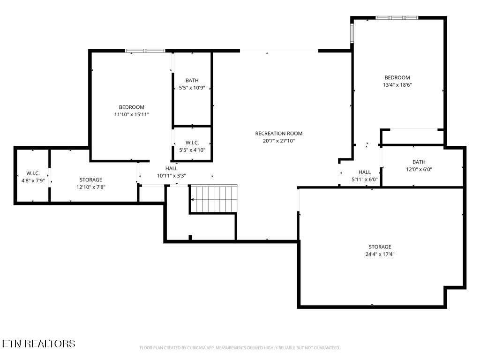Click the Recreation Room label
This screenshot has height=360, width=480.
(x=278, y=134)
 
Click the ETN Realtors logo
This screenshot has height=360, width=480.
(x=38, y=344)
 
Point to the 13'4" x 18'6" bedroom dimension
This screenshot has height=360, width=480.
(x=397, y=85)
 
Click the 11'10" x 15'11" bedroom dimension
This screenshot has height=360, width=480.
(x=131, y=114)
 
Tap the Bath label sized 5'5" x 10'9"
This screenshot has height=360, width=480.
(x=192, y=81)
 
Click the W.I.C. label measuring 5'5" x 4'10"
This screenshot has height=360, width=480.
(x=192, y=143)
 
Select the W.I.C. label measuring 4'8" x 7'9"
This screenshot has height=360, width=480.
(x=33, y=173)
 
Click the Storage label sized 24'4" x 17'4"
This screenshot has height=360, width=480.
(x=380, y=247)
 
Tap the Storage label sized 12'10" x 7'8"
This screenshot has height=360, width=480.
(x=90, y=180)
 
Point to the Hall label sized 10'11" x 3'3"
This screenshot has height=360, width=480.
(x=172, y=169)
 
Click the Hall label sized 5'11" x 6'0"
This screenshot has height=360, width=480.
(x=365, y=172)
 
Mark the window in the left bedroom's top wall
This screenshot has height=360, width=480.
(x=145, y=51)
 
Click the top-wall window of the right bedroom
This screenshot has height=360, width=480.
(x=397, y=18)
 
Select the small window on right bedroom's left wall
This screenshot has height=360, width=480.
(x=352, y=33)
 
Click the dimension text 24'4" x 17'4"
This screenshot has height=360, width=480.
(x=380, y=254)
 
